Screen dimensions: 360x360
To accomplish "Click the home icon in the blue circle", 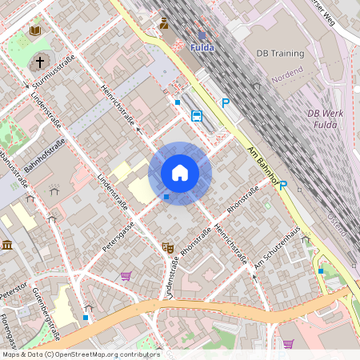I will point(180,173).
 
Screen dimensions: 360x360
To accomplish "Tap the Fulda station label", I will point(202,47).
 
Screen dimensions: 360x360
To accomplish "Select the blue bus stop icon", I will point(197,115).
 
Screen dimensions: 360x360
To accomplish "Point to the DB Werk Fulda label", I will point(325,118).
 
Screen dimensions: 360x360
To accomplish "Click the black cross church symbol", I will point(39,62).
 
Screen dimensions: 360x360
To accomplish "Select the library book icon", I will point(35,30).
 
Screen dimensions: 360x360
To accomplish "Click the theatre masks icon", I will point(168,248).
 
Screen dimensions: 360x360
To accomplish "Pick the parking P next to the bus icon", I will point(226,103).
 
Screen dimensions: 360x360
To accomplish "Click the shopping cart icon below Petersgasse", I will point(126,276).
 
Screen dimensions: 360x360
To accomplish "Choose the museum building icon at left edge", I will point(6,245).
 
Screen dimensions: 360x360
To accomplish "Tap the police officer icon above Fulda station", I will point(164,23).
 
